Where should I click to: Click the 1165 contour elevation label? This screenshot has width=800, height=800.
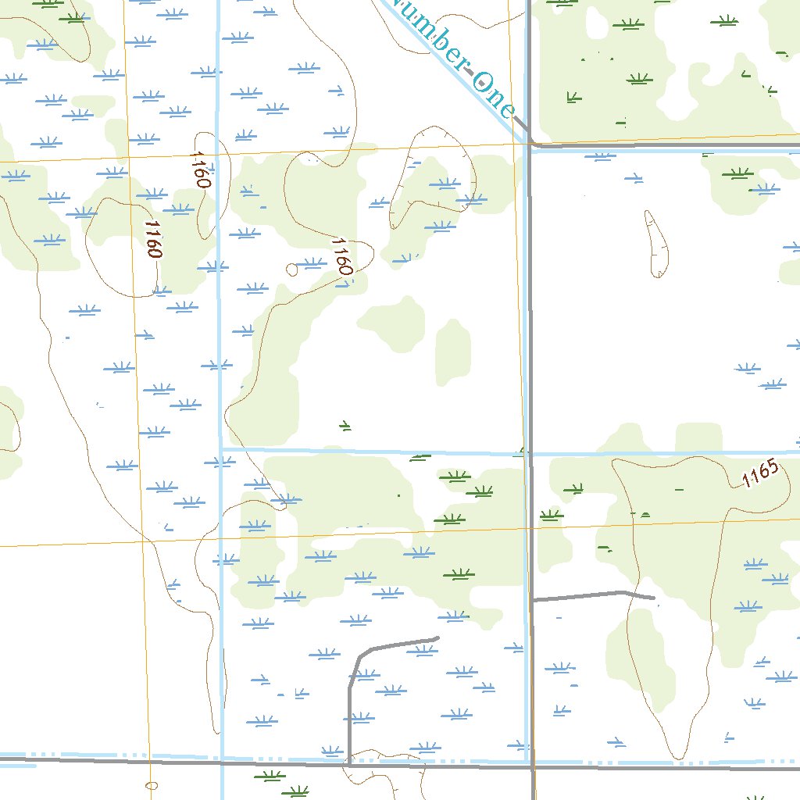(x=761, y=474)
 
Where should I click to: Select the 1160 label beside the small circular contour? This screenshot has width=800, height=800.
(x=341, y=255)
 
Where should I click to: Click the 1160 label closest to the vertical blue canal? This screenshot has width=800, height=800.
(x=200, y=170)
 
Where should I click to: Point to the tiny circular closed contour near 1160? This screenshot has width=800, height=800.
(x=292, y=270)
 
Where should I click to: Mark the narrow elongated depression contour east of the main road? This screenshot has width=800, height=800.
(x=656, y=244)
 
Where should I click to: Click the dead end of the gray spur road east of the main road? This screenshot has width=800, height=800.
(x=654, y=598)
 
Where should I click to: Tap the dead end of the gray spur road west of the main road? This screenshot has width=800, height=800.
(x=437, y=638)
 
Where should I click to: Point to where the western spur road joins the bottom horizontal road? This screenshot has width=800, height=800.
(x=348, y=765)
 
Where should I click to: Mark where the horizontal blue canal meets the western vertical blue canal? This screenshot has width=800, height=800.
(x=220, y=449)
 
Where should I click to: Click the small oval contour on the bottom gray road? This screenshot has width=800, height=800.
(x=152, y=785)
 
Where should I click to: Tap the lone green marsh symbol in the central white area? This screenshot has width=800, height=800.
(x=345, y=426)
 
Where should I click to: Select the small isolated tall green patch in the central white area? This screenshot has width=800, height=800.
(x=453, y=352)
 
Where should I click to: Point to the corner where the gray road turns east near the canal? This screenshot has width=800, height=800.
(x=531, y=145)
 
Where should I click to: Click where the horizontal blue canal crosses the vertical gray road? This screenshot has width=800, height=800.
(x=529, y=453)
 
